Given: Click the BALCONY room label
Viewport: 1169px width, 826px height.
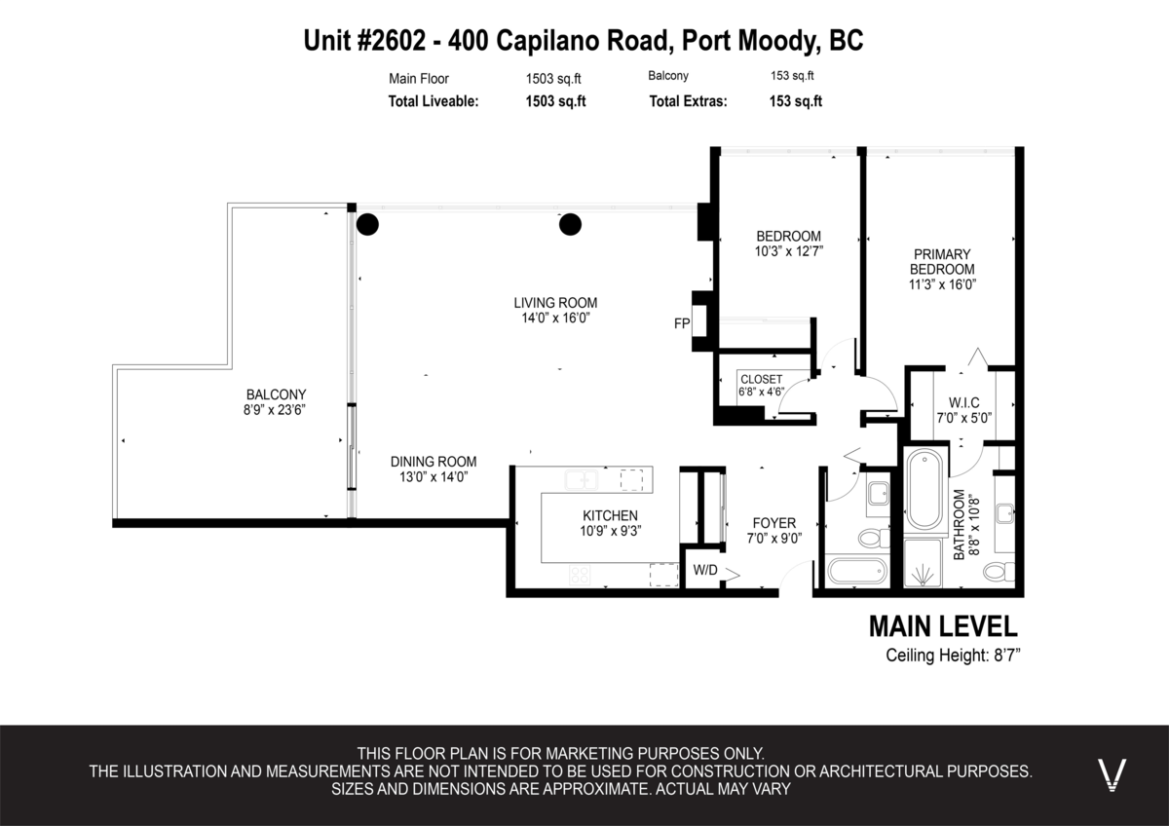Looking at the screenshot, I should coord(269,394).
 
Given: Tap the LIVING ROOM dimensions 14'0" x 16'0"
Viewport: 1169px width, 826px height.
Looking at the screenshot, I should coord(555,319).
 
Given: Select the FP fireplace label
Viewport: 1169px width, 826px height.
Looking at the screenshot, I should coord(682,321).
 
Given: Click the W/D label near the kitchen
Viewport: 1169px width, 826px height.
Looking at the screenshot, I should coord(704,570).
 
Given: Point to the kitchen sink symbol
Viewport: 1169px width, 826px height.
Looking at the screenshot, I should coord(583,480).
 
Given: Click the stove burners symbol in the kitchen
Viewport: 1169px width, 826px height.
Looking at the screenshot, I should coord(579,575).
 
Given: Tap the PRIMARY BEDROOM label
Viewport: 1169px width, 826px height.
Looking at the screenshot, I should coord(942,261).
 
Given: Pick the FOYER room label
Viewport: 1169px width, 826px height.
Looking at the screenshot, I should coord(774,522).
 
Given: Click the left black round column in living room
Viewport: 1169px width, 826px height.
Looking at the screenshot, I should coord(367,225).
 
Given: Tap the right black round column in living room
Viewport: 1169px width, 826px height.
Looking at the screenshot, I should coord(569,225).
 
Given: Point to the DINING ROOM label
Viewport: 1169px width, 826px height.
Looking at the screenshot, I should coord(434,462).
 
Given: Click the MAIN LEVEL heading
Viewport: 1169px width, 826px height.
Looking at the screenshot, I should coord(942,625).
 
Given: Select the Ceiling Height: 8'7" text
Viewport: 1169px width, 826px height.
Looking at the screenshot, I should coord(952,656).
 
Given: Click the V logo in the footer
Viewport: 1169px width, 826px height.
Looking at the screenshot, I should coord(1112,773).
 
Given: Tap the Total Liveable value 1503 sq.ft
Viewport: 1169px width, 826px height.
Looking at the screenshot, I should coord(555,100).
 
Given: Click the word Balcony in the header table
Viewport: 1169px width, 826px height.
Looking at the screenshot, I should coord(668,76).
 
